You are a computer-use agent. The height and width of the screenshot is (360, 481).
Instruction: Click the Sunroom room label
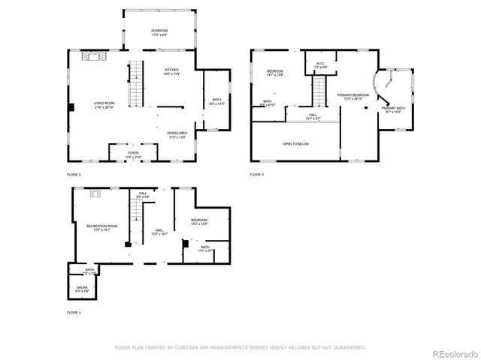click(x=159, y=32)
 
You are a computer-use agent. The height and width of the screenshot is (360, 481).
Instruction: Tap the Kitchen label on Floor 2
click(x=172, y=71)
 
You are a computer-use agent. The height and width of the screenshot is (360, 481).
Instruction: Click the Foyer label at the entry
click(x=133, y=154)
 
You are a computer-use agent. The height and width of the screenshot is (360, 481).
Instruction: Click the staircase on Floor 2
click(x=136, y=85)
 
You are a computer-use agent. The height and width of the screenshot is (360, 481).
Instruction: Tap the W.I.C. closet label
click(x=319, y=65)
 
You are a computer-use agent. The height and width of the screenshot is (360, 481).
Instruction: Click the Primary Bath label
click(x=393, y=110)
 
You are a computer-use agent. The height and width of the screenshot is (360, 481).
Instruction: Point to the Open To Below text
click(x=295, y=144)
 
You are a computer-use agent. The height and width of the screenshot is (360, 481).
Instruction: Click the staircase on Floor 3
click(x=321, y=93)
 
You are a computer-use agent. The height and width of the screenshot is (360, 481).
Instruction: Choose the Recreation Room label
click(x=101, y=227)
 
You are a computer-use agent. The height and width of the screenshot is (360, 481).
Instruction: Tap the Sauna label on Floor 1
click(x=83, y=288)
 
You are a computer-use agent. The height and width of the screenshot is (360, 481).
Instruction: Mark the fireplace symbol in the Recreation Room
click(x=95, y=193)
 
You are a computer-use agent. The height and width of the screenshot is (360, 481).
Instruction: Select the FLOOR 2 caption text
click(x=74, y=175)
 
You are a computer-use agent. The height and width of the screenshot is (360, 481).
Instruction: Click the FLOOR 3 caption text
click(x=257, y=175)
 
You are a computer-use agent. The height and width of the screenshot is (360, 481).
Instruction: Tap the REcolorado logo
click(x=453, y=352)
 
